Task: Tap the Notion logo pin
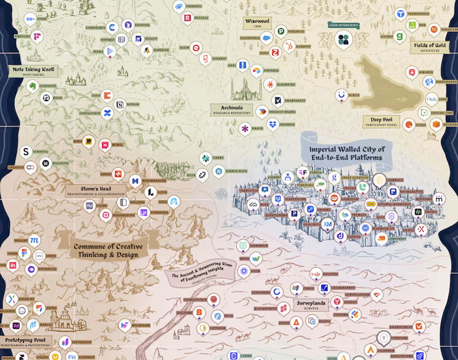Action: [119, 105]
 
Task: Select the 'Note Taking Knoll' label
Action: [32, 69]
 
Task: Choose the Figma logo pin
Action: [24, 254]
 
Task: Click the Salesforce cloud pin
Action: [265, 38]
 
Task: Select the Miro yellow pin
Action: [88, 140]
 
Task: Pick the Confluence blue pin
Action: [107, 114]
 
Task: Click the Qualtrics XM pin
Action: [328, 224]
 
